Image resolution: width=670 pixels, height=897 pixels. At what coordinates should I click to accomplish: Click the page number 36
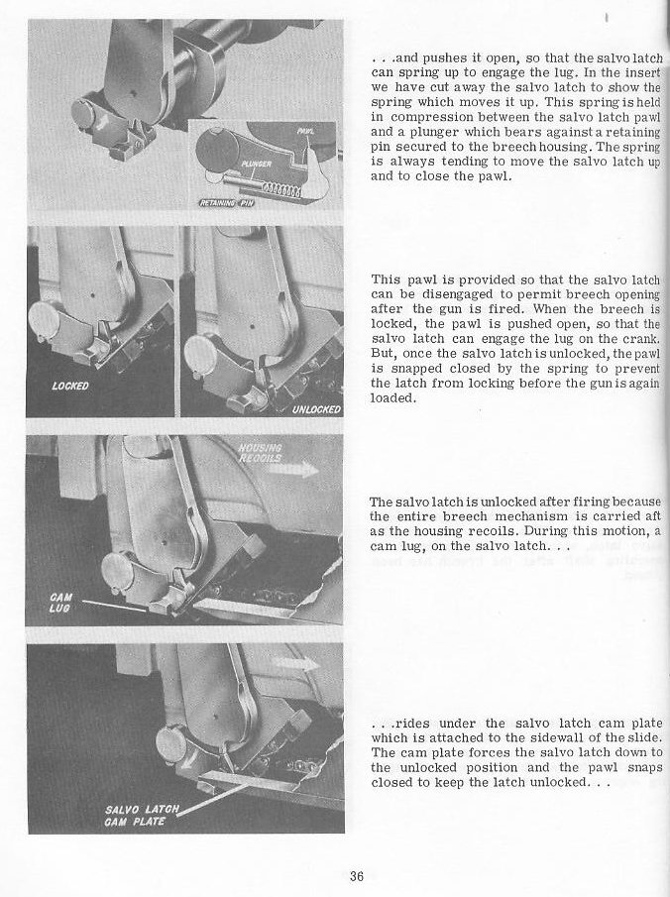pos(358,874)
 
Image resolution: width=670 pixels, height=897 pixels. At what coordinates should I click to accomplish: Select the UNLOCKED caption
pos(316,409)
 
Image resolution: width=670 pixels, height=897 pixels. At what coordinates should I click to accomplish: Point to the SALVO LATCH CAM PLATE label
pos(139,817)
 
